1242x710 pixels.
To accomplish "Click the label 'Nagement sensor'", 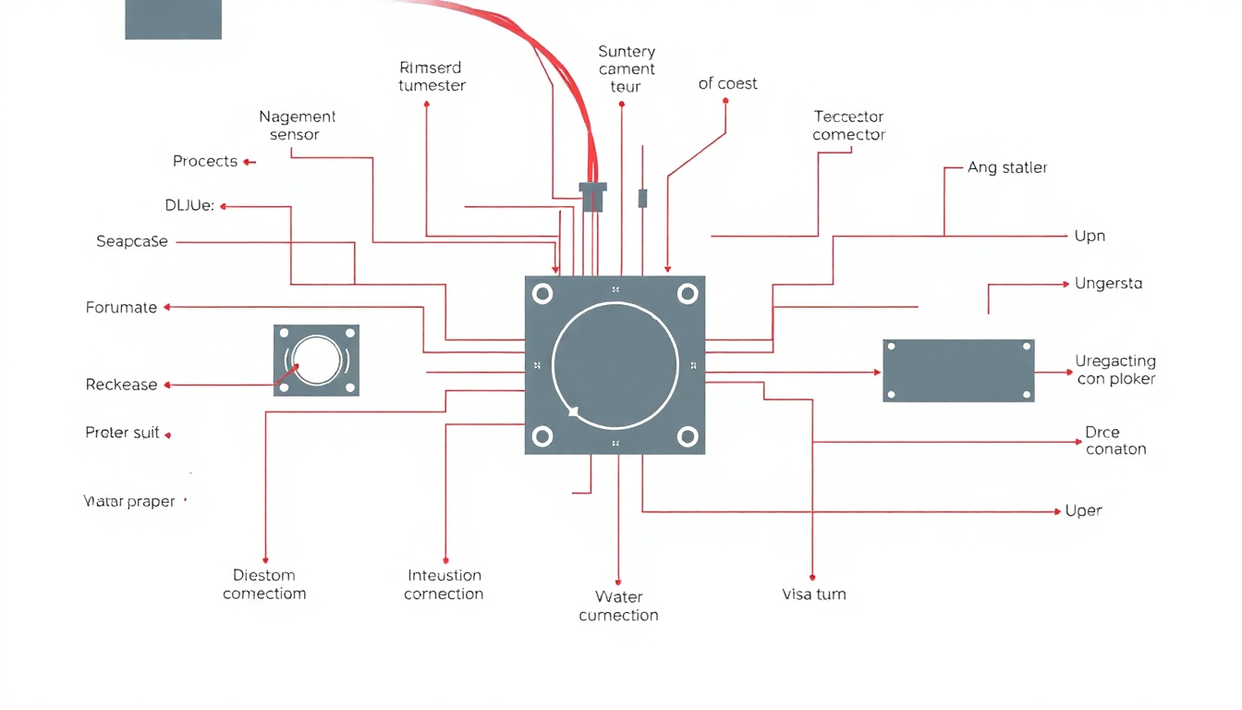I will coord(297,126).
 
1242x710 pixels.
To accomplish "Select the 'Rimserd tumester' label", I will coord(432,77).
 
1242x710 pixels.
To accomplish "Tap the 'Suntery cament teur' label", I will coord(626,69).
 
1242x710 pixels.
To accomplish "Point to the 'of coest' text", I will coord(727,84).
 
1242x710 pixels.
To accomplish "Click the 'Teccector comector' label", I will coord(848,126).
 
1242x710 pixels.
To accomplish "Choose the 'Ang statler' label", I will coord(1006,168).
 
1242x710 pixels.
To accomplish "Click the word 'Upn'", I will coord(1090,237).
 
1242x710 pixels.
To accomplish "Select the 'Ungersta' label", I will coord(1108,284).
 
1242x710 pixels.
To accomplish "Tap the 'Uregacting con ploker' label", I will coord(1115,370).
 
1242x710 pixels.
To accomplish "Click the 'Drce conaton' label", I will coord(1115,441).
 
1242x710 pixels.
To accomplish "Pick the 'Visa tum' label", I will coord(813,594).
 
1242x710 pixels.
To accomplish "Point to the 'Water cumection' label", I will coord(618,606).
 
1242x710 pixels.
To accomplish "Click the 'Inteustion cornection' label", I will coord(444,585).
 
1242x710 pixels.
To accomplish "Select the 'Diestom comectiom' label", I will coord(264,584).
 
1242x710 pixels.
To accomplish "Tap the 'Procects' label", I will coord(205,162).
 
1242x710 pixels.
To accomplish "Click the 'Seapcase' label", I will coord(132,242).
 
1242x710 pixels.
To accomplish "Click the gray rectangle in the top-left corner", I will coord(173,19).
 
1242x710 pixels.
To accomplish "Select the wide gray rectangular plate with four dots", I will coord(958,371).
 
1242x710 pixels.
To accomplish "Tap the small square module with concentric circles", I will coord(316,360).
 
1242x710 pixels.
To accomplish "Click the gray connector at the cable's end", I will coord(592,196).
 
